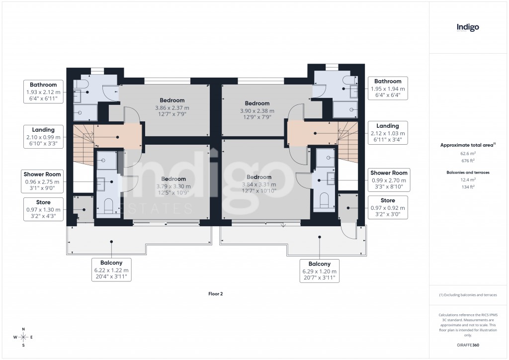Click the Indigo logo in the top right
(468, 27)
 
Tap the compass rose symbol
(23, 337)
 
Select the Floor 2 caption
(215, 294)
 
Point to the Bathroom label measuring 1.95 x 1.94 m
(388, 88)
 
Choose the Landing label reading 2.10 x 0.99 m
(43, 137)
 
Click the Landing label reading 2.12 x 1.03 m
(387, 133)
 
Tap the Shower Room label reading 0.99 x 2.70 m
(389, 180)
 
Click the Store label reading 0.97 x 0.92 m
(388, 207)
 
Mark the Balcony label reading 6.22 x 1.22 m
(112, 270)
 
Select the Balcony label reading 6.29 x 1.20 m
(320, 271)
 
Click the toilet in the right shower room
(325, 200)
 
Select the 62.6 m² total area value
(467, 154)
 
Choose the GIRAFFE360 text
(467, 345)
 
